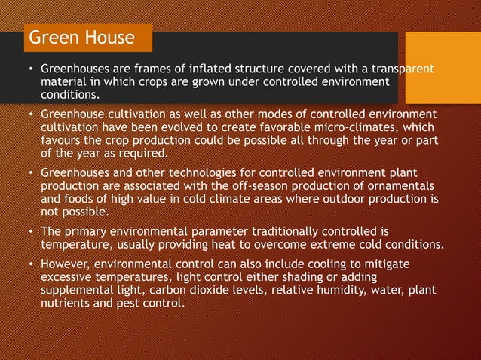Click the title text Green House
tap(81, 38)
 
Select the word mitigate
tap(411, 264)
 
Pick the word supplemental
tap(79, 291)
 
